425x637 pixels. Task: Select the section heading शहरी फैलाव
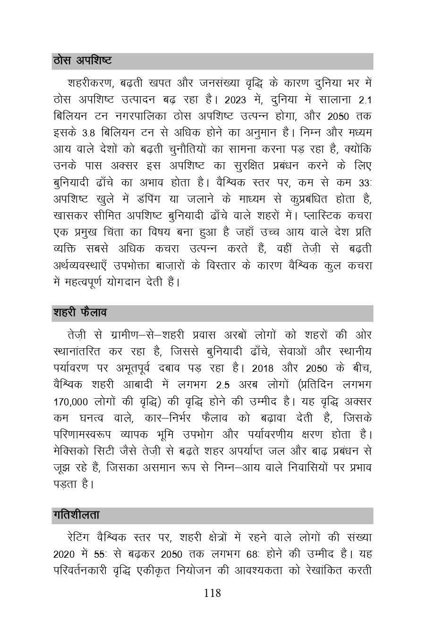pos(80,313)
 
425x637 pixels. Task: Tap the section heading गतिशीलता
pos(76,515)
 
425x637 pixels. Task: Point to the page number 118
pos(212,593)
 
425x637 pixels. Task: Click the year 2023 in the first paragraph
pos(238,100)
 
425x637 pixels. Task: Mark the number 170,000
pos(71,402)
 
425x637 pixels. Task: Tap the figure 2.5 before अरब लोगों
pos(220,385)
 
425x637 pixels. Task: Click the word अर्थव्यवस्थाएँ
pos(83,266)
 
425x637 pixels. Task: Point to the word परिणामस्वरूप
pos(82,435)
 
